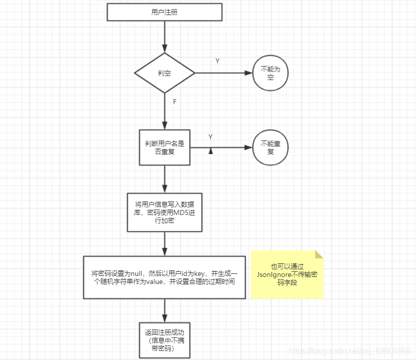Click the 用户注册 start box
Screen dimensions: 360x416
point(164,12)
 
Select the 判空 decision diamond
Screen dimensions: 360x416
point(164,73)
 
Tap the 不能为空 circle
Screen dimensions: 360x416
point(270,73)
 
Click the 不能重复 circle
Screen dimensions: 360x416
point(270,148)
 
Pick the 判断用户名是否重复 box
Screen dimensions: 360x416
point(164,147)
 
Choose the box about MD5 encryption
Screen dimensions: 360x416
point(164,212)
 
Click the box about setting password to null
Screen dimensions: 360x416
point(164,277)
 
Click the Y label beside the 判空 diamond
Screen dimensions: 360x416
point(218,61)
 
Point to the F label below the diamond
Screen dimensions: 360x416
point(175,102)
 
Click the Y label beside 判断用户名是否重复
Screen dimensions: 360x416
point(211,137)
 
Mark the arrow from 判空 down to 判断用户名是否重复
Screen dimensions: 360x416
point(165,112)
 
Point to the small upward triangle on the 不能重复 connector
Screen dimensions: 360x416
point(211,151)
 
